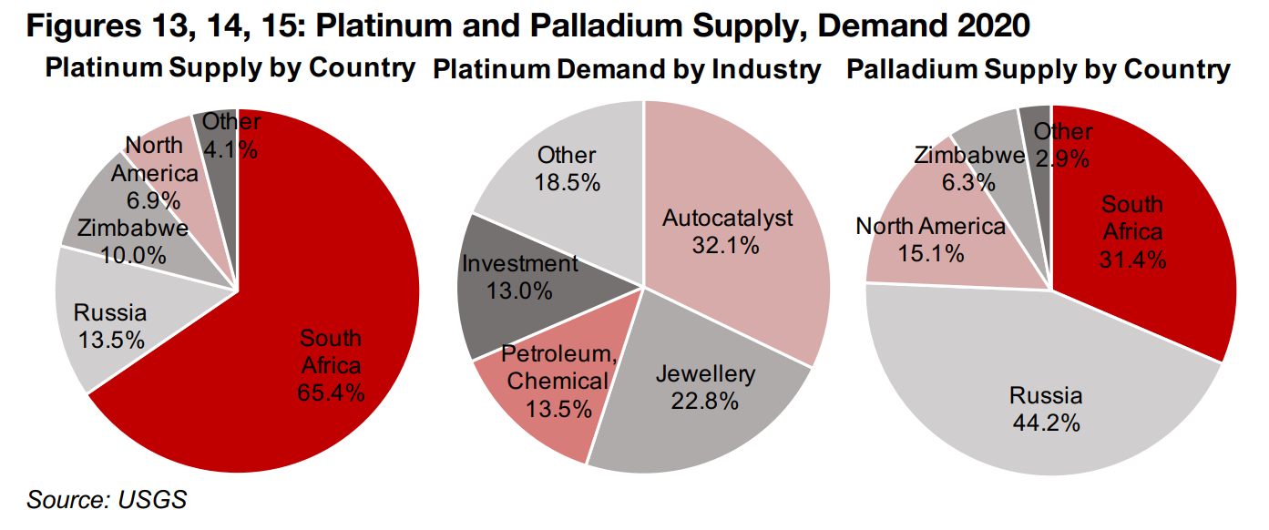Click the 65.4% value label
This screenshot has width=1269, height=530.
(332, 392)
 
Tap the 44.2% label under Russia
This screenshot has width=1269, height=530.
(1046, 423)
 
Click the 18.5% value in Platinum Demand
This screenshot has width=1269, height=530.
(567, 182)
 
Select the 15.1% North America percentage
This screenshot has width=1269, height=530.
(930, 253)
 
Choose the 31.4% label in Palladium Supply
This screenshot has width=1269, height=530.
(1132, 260)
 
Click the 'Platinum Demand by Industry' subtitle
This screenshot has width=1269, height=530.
(627, 70)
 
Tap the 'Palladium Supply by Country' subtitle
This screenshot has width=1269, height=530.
(1039, 70)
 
